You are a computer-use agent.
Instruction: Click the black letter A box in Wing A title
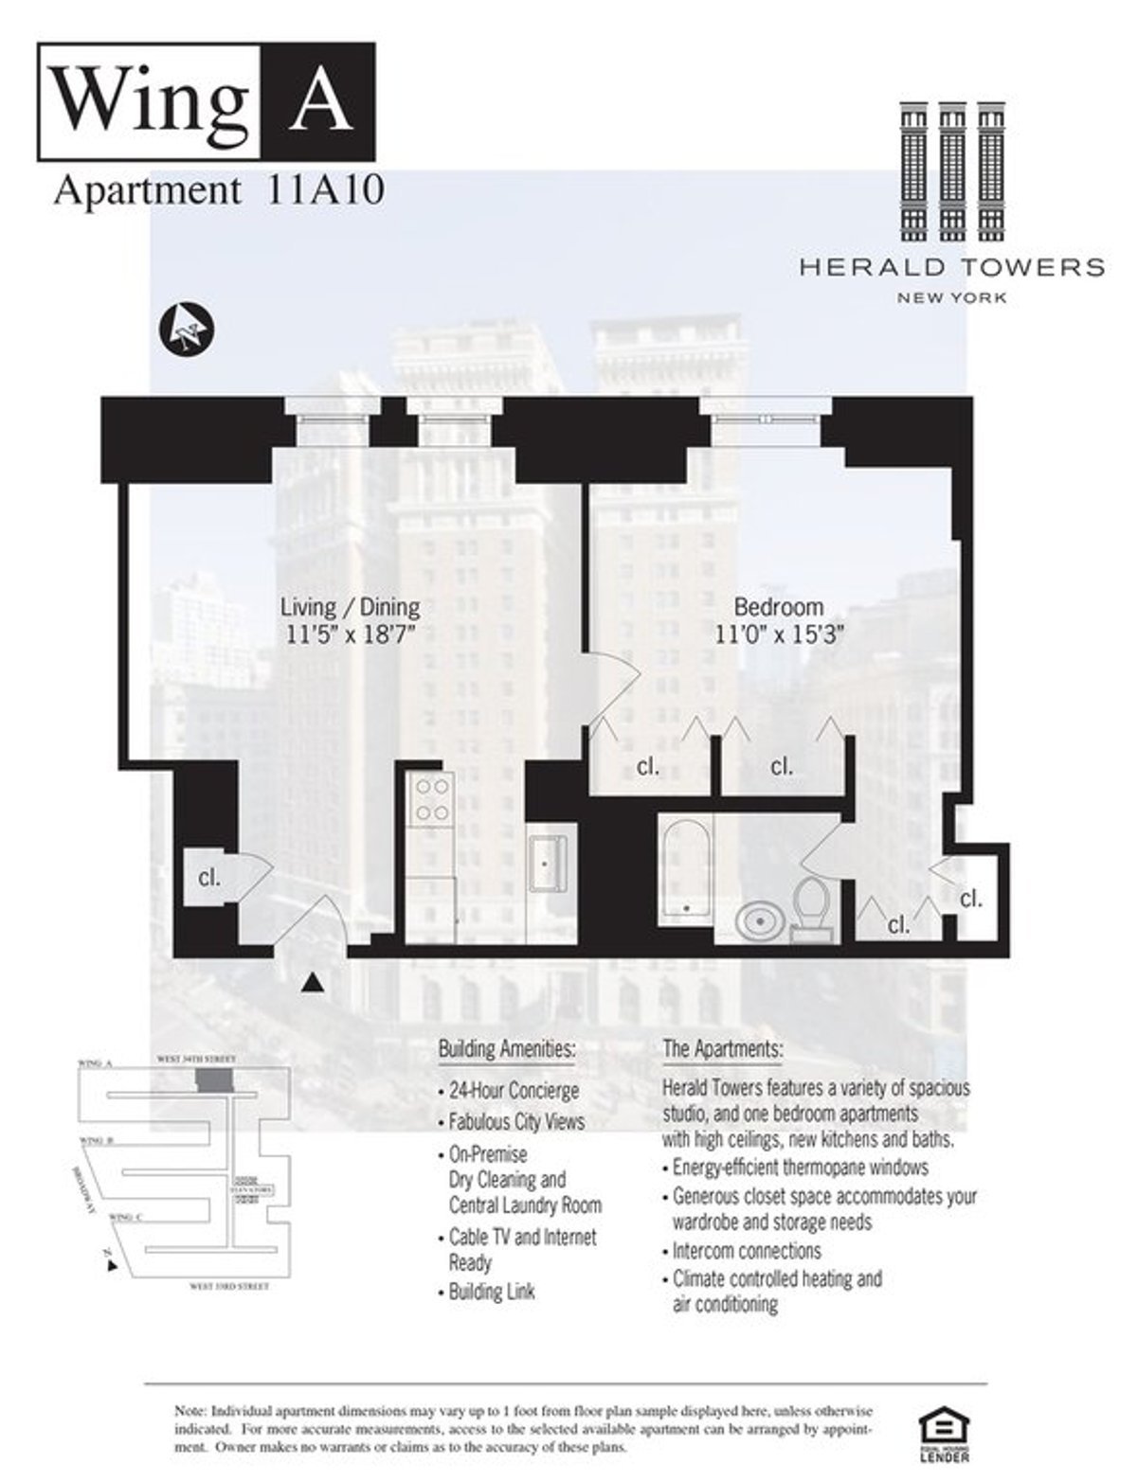[x=315, y=101]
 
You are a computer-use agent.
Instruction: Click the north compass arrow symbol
[x=187, y=328]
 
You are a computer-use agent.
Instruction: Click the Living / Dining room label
[x=350, y=607]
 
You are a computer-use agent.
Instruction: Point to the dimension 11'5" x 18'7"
[x=351, y=633]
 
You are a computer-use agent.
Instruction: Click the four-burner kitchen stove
[x=432, y=800]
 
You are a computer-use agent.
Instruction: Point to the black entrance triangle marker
[x=311, y=985]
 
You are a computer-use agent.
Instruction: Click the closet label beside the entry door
[x=209, y=878]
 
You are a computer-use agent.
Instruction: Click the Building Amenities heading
[x=506, y=1049]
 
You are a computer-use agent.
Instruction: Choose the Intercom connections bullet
[x=746, y=1250]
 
